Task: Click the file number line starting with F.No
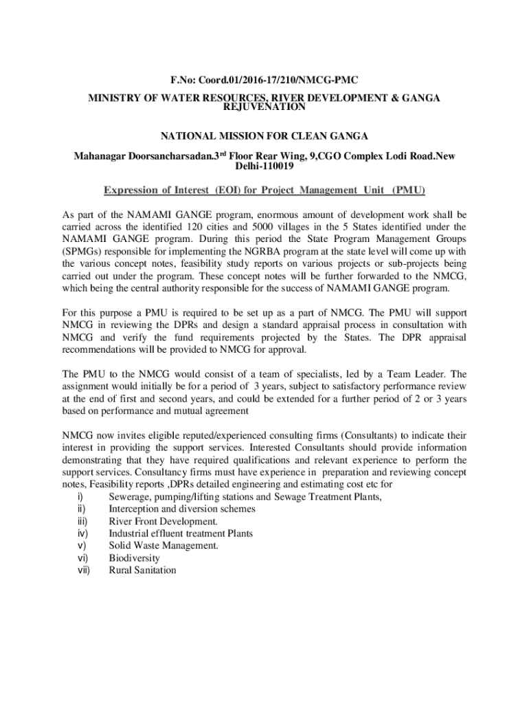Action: tap(264, 80)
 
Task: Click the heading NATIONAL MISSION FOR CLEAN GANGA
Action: tap(264, 135)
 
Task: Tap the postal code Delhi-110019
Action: tap(264, 166)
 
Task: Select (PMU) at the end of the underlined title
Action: tap(408, 190)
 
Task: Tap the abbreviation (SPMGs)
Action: tap(84, 251)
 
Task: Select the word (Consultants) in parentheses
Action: tap(368, 435)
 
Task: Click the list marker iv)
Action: tap(82, 533)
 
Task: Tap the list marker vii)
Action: tap(84, 570)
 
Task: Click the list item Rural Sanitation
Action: tap(143, 570)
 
